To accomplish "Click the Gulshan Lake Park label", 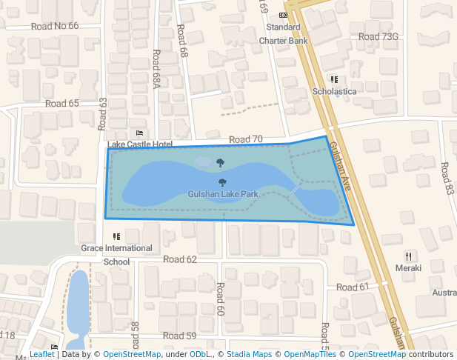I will coord(222,194).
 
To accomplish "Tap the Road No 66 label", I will coord(55,26).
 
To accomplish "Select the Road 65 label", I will coord(61,104).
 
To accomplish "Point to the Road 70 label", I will coord(246,139).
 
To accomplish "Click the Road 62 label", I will coord(180,259).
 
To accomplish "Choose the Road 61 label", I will coord(353,287).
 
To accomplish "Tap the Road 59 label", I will coord(180,336).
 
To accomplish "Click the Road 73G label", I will coord(378,36).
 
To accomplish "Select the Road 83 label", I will coord(447,179).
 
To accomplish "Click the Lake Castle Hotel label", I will coord(140,144).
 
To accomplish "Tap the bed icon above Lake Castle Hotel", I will coord(139,133).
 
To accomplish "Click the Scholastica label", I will coord(334,91).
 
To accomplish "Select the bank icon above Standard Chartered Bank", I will coord(283,15).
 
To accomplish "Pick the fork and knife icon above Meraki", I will coord(408,256).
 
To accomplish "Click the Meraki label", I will coord(408,267).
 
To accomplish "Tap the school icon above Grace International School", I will coord(116,236).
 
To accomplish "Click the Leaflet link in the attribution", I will coord(42,354).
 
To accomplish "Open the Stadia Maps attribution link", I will coord(249,354).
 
